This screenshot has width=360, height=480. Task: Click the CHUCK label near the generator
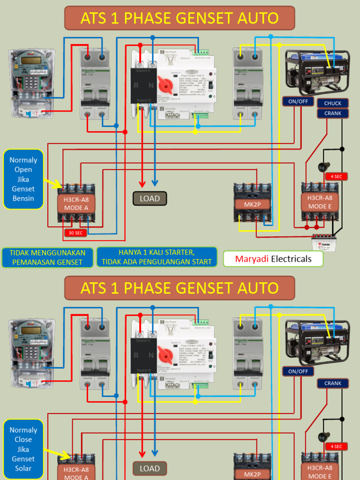pos(333,103)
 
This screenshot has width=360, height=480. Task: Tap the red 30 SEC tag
pos(76,232)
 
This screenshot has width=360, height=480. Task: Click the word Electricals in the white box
pos(291,259)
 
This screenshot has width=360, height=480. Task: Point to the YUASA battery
pos(323,244)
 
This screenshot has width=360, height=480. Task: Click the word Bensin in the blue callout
pos(23,198)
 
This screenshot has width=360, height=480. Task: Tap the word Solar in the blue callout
pos(23,468)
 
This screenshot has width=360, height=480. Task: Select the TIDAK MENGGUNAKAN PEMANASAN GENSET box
pos(47,257)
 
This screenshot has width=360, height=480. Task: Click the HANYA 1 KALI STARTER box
pos(157,257)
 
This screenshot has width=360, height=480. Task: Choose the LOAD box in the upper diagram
pos(150,199)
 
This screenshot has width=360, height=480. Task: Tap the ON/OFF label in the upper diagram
pos(298,101)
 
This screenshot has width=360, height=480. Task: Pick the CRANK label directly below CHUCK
pos(333,113)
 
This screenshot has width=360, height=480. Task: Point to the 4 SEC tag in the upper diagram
pos(336,177)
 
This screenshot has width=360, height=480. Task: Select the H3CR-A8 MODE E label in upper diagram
pos(319,202)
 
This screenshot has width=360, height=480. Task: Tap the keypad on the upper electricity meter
pos(31,82)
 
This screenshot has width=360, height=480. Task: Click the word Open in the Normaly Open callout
pos(23,170)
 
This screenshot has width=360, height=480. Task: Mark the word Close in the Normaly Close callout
pos(23,440)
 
